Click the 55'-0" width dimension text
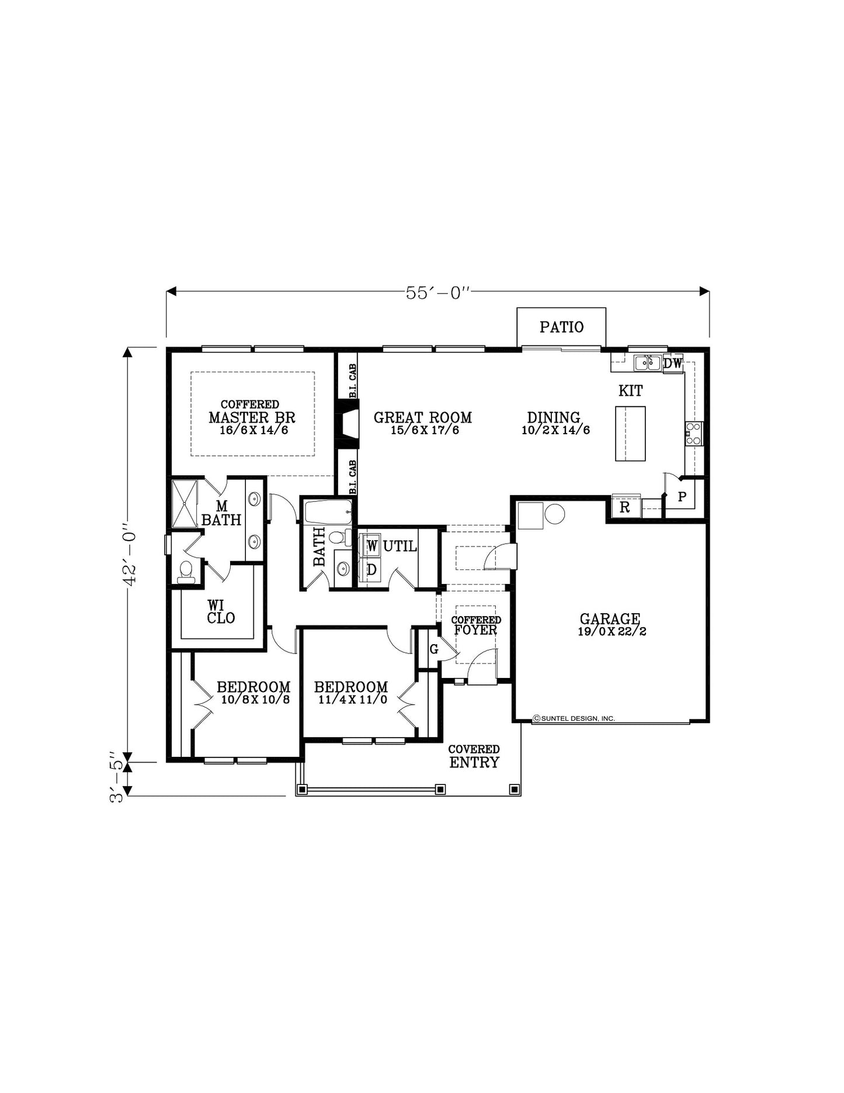coord(437,293)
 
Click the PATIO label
coord(561,327)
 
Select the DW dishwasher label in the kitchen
coord(673,363)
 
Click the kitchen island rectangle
coord(630,433)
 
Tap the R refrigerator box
coord(625,507)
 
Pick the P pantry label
coord(682,497)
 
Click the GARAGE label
coord(610,618)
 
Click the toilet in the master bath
coord(186,572)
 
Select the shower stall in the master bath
coord(185,503)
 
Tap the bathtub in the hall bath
coord(328,512)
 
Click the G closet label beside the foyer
coord(434,649)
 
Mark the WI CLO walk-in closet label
coord(221,611)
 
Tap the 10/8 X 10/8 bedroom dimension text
coord(255,699)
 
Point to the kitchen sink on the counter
coord(648,363)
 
